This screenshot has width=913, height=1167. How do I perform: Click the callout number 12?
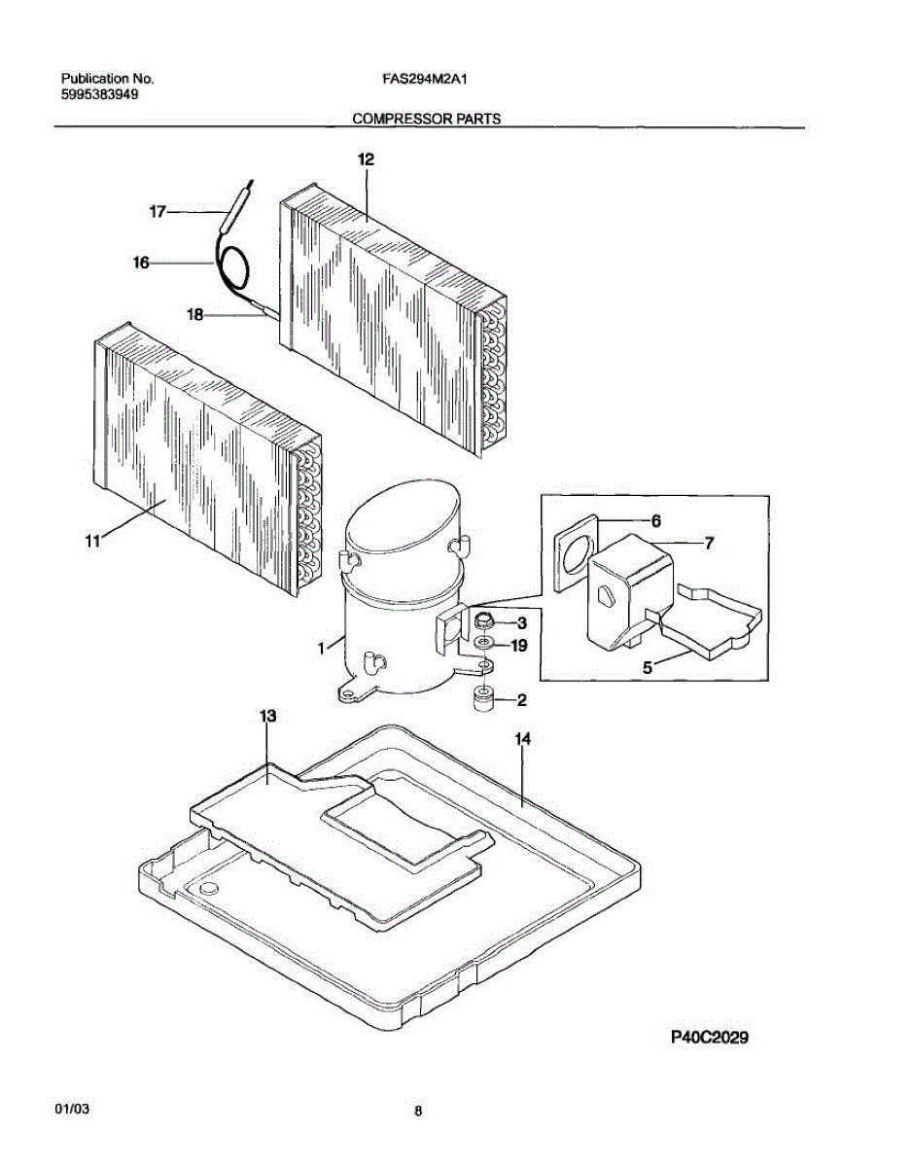click(366, 159)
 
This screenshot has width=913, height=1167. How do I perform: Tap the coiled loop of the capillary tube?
click(232, 265)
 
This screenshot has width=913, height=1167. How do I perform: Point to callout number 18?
click(194, 313)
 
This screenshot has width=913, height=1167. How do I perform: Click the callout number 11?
click(92, 543)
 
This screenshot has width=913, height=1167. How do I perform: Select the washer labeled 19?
click(483, 644)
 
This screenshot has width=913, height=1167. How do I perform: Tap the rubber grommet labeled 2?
click(483, 698)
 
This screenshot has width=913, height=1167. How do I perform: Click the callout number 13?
click(267, 717)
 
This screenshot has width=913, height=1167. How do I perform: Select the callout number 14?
click(522, 740)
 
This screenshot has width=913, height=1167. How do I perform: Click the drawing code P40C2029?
click(709, 1037)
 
